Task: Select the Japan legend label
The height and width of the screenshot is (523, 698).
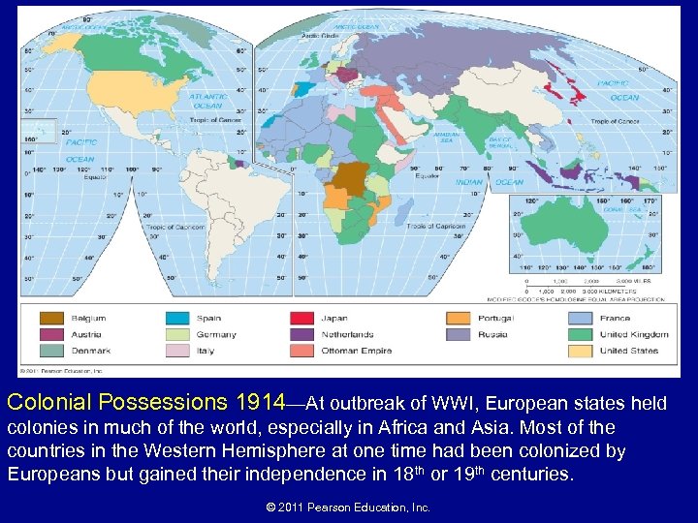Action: pyautogui.click(x=333, y=318)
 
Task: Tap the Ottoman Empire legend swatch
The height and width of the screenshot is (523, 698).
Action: pyautogui.click(x=302, y=351)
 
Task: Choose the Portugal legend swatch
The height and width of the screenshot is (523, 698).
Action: pyautogui.click(x=459, y=318)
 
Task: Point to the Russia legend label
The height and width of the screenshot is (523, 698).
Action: pyautogui.click(x=492, y=334)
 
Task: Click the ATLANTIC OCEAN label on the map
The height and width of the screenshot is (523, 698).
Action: pyautogui.click(x=207, y=102)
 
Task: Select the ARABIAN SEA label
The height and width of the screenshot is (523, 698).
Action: pyautogui.click(x=446, y=138)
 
